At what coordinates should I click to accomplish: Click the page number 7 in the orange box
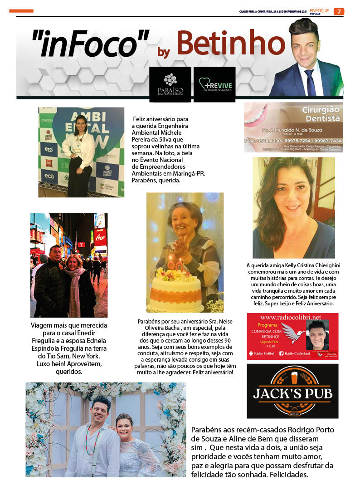click(339, 11)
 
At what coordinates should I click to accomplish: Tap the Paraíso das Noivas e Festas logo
click(170, 84)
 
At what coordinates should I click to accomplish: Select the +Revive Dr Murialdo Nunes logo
click(214, 84)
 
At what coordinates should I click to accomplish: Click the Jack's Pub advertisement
click(292, 391)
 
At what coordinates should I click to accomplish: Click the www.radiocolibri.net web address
click(291, 317)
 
